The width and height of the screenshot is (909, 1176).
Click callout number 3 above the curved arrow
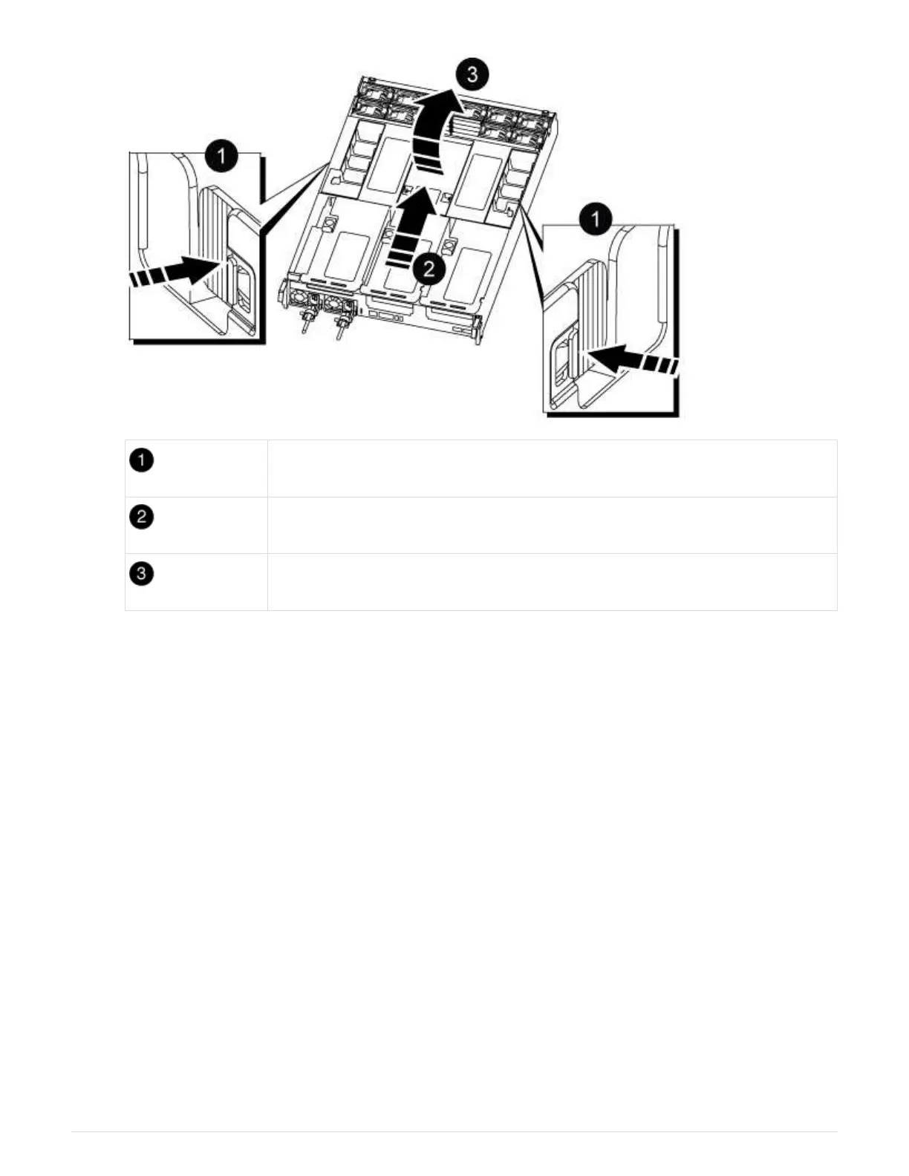pos(472,74)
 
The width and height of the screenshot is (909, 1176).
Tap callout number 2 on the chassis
pos(429,268)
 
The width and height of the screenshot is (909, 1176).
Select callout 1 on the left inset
pos(221,157)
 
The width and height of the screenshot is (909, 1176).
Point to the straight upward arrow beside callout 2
pos(411,227)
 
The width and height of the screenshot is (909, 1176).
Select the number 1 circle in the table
pos(141,461)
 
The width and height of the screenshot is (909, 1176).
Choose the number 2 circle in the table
pos(141,517)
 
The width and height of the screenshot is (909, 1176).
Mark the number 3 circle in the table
pos(141,574)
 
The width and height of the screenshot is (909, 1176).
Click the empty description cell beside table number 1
pos(553,468)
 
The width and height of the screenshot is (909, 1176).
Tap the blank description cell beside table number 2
pos(553,525)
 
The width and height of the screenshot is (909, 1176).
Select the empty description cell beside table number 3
pos(553,582)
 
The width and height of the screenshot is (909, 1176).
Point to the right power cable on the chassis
pos(341,327)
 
